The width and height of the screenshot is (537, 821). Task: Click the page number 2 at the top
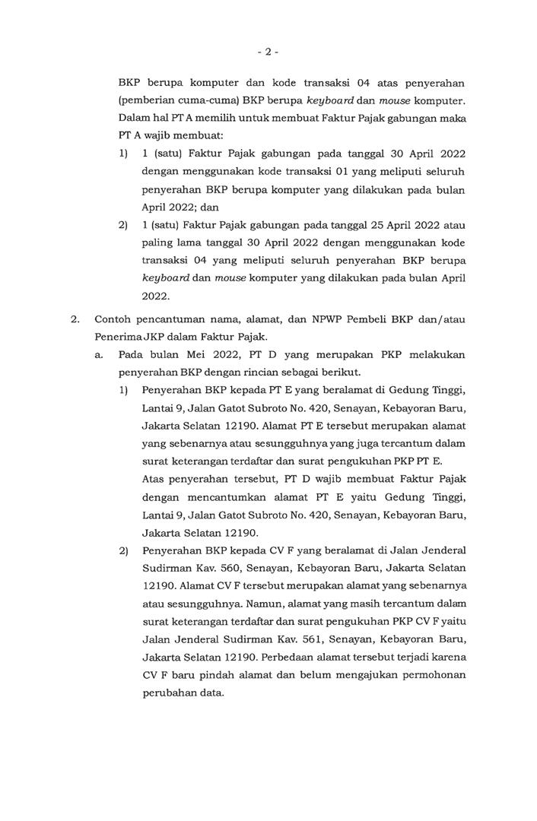coord(268,52)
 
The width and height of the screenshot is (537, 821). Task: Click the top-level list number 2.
coord(75,319)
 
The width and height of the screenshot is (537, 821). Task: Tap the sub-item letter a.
coord(99,355)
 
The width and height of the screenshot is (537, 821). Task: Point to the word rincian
coord(266,372)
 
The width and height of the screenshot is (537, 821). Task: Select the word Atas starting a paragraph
coord(154,479)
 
